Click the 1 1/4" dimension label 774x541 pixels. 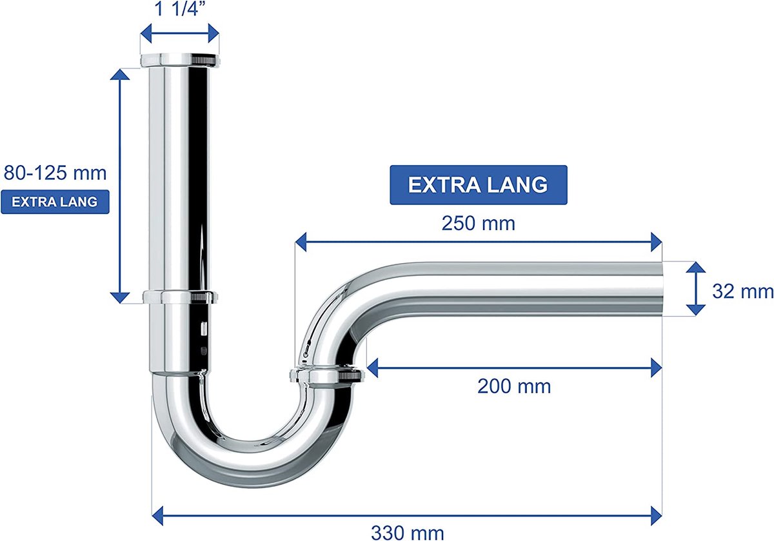[x=180, y=8]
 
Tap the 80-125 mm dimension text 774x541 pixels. [x=55, y=173]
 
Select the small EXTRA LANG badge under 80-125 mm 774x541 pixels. [x=55, y=202]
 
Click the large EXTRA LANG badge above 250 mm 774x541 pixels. [x=479, y=185]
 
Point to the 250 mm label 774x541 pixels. [x=478, y=224]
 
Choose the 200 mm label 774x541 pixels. [x=514, y=386]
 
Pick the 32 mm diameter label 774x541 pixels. [x=742, y=291]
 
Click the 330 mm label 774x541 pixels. [x=408, y=533]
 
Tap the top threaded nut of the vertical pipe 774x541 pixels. [x=180, y=60]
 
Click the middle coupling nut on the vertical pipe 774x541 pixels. [x=180, y=297]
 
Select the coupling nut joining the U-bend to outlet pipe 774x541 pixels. [x=327, y=376]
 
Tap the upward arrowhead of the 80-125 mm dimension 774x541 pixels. [x=119, y=74]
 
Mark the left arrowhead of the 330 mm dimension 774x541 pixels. [x=157, y=516]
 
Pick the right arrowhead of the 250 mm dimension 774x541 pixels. [x=656, y=242]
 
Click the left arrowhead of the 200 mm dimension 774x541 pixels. [x=372, y=368]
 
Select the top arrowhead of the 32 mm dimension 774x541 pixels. [x=695, y=267]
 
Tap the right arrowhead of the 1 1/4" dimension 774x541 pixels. [x=213, y=33]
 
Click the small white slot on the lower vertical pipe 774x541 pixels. [x=204, y=328]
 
